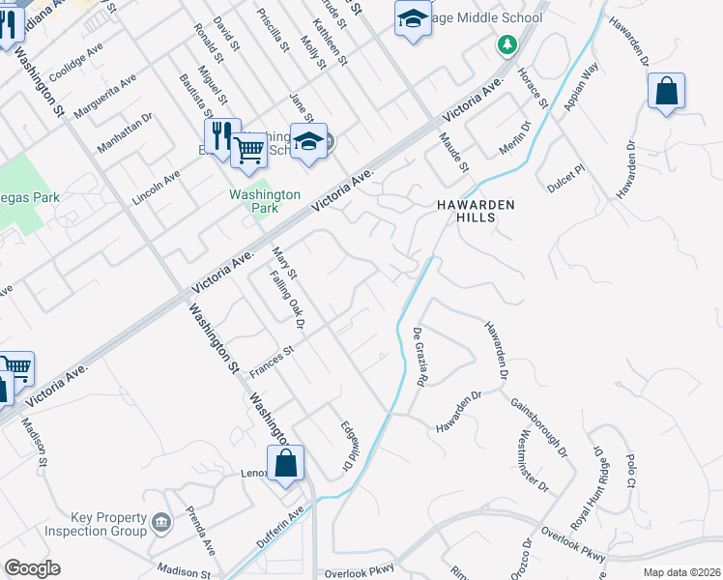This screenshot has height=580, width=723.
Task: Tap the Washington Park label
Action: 254,200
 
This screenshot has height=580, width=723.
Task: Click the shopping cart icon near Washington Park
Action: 248,150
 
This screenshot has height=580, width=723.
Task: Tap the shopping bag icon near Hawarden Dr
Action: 667,92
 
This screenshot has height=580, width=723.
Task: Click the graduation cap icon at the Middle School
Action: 413,18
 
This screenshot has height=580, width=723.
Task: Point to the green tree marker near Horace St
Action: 505,44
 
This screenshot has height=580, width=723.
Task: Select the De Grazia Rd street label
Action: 420,357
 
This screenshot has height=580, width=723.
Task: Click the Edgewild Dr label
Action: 343,446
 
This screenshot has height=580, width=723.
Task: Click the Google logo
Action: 32,567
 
